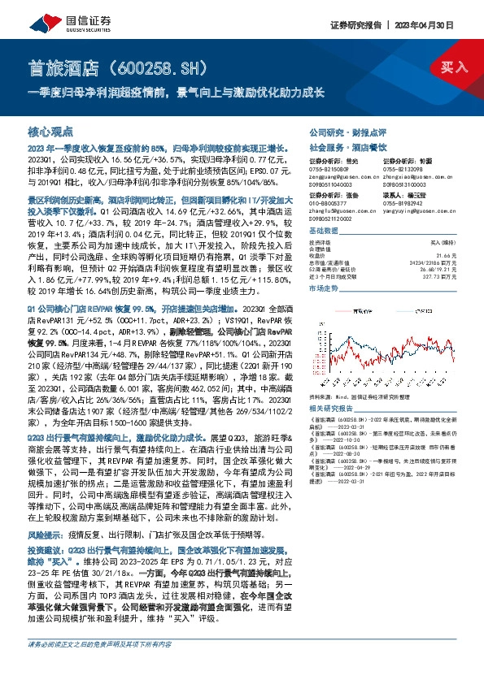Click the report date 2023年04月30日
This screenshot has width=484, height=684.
click(436, 26)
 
